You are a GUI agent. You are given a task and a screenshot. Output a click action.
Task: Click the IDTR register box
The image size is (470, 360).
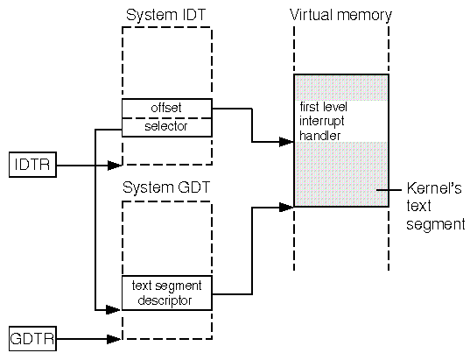(x=32, y=165)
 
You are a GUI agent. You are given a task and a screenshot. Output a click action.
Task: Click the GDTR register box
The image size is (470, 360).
(x=32, y=339)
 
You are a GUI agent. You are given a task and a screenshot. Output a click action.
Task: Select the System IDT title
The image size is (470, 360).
(x=165, y=15)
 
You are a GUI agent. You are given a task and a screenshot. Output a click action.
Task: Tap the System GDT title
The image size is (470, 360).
(x=166, y=187)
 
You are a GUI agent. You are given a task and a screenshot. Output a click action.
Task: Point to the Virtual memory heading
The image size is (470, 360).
(x=340, y=15)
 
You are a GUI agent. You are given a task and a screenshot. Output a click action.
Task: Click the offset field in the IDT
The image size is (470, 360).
(x=167, y=108)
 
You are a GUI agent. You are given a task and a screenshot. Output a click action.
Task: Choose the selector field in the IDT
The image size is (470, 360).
(x=167, y=127)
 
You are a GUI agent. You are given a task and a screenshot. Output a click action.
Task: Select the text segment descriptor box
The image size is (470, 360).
(x=167, y=293)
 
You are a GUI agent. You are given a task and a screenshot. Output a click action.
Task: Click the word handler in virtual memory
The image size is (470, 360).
(x=319, y=136)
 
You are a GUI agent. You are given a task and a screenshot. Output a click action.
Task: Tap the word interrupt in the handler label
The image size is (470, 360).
(x=321, y=122)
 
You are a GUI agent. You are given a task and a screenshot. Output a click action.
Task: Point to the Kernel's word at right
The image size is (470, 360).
(x=434, y=188)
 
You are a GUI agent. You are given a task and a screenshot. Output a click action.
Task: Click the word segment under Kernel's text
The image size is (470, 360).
(x=436, y=225)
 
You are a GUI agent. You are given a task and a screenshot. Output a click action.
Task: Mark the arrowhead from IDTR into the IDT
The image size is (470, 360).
(x=115, y=165)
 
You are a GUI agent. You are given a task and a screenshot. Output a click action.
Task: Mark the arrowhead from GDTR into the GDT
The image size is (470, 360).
(x=115, y=339)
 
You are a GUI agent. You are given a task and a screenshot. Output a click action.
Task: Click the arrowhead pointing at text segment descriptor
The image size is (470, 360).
(x=114, y=309)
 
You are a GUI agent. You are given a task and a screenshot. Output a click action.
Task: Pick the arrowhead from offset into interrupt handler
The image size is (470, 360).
(x=286, y=142)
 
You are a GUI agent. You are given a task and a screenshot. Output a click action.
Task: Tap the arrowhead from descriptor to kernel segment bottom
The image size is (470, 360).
(x=286, y=207)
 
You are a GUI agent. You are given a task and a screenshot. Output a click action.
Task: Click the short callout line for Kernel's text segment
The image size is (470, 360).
(x=389, y=189)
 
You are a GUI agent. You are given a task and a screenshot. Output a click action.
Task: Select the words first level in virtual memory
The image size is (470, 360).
(x=324, y=107)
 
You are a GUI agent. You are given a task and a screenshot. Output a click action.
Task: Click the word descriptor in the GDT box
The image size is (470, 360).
(x=165, y=300)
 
